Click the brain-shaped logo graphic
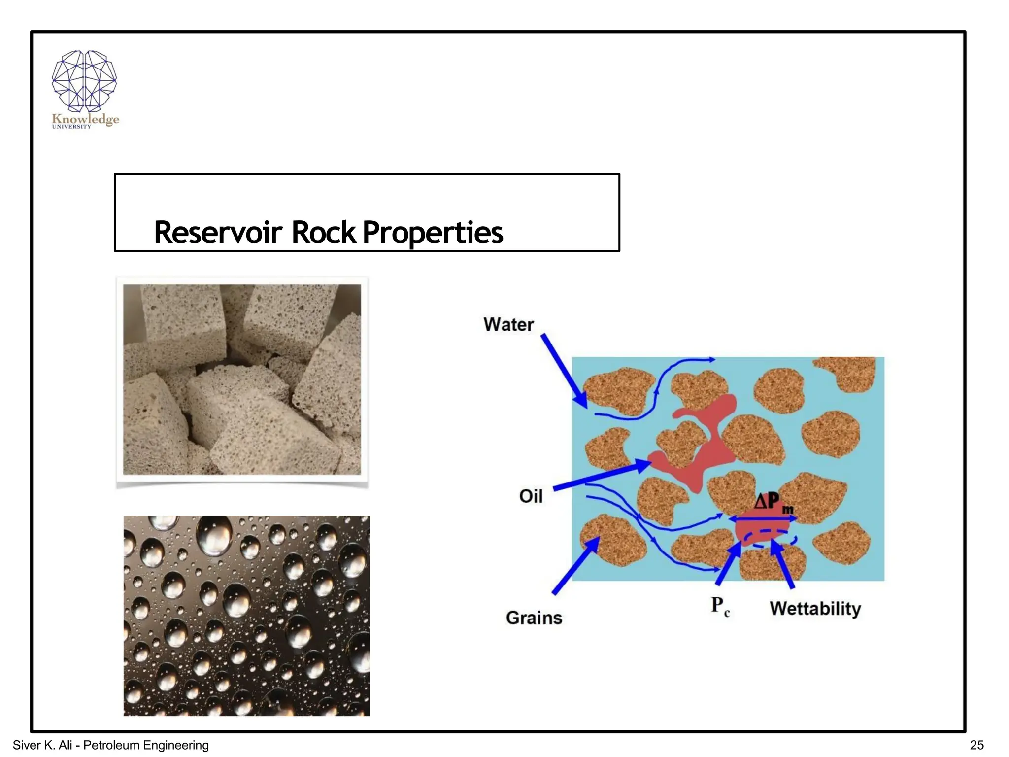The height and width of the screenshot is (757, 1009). [x=84, y=80]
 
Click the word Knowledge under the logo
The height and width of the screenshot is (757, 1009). [x=85, y=119]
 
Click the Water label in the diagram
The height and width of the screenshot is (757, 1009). [x=508, y=324]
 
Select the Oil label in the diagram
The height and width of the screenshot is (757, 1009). [x=531, y=496]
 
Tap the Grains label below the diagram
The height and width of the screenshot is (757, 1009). [x=534, y=618]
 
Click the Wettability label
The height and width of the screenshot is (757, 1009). [x=815, y=608]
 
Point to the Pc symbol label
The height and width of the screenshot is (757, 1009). [x=720, y=606]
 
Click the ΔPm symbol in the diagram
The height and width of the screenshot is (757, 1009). [x=774, y=503]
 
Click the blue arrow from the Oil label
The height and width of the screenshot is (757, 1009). [x=601, y=476]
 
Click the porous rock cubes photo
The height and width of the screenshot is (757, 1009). [x=242, y=379]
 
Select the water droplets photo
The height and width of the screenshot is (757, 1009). [x=246, y=616]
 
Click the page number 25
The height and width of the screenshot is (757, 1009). [x=976, y=745]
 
